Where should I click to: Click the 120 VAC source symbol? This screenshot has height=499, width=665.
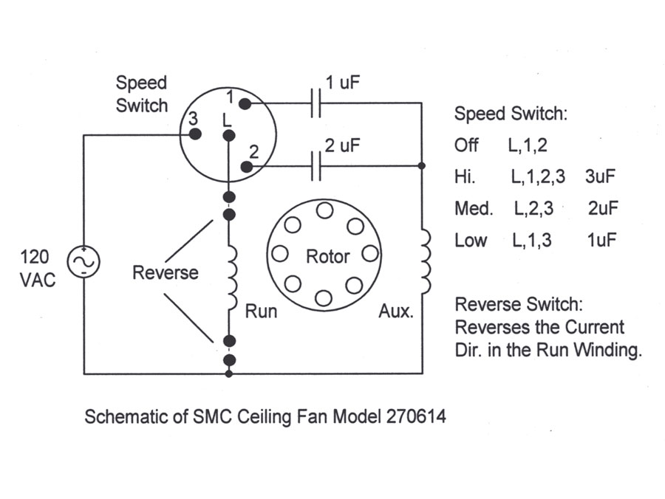tap(83, 261)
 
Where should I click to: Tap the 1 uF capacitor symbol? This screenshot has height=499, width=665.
tap(316, 103)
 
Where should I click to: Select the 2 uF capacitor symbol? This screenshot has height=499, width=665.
tap(316, 166)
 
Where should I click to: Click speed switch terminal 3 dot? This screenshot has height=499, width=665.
tap(194, 134)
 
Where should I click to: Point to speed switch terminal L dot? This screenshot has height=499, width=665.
tap(229, 136)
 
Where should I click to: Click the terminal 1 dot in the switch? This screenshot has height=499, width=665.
tap(245, 103)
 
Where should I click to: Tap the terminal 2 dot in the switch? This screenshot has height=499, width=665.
tap(246, 167)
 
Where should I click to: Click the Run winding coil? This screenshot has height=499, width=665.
tap(232, 278)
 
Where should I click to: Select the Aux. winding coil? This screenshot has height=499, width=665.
tap(426, 262)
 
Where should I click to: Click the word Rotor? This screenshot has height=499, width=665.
tap(327, 257)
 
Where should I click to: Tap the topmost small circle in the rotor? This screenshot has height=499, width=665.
tap(324, 210)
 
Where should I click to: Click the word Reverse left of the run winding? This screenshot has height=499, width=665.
tap(165, 273)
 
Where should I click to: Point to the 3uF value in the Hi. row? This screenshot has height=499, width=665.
tap(600, 176)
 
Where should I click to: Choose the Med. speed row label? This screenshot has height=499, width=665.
tap(474, 208)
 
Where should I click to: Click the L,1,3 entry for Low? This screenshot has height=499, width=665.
tap(532, 240)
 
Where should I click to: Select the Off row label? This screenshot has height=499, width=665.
tap(466, 145)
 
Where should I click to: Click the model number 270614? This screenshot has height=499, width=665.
tap(415, 416)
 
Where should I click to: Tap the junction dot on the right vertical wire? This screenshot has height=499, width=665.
tap(422, 165)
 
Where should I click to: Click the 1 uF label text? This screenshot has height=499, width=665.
tap(342, 83)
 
